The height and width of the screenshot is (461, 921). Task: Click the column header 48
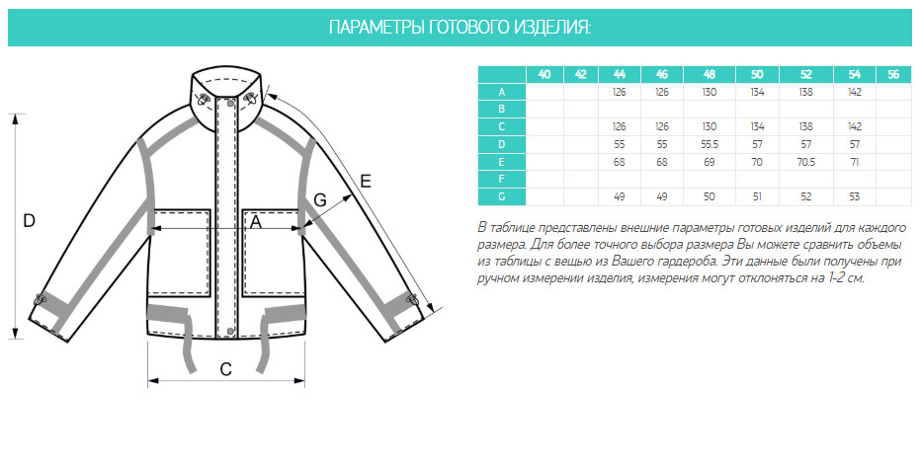pos(709,74)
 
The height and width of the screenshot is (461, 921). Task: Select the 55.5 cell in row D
pos(709,144)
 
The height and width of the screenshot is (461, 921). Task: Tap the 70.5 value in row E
pos(806,162)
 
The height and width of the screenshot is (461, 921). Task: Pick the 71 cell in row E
pos(855,162)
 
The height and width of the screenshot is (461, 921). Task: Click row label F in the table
pos(502,179)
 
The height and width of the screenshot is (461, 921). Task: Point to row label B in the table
pos(502,110)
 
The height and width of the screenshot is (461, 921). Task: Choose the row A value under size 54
pos(855,92)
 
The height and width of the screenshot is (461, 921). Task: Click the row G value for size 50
pos(757,197)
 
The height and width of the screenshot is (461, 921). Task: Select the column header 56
pos(893,74)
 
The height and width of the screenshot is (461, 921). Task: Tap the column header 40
pos(544,74)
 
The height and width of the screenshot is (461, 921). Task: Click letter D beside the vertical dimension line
pos(29,220)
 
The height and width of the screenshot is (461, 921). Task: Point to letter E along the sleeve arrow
pos(366,182)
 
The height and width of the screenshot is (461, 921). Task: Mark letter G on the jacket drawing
pos(320,200)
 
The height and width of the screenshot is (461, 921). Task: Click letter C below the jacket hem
pos(225,369)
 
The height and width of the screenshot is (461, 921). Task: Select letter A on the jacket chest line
pos(256,222)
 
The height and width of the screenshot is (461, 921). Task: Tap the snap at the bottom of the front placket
pos(229,332)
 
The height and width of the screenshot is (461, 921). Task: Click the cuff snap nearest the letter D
pos(41,299)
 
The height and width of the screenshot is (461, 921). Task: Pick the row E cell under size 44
pos(619,162)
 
